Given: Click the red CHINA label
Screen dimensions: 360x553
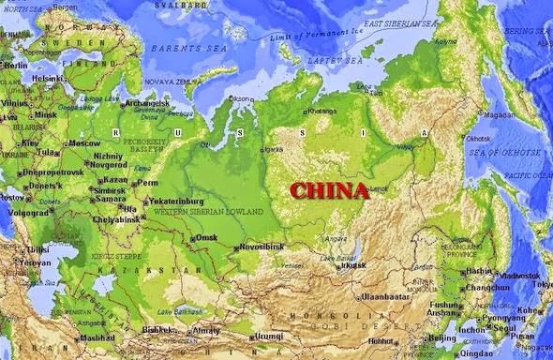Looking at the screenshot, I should (x=328, y=191).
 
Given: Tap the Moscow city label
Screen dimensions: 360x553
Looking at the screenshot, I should (x=84, y=143).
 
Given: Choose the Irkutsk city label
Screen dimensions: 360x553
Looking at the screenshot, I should (x=353, y=265).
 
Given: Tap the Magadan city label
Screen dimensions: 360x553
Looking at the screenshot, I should (x=499, y=115).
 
